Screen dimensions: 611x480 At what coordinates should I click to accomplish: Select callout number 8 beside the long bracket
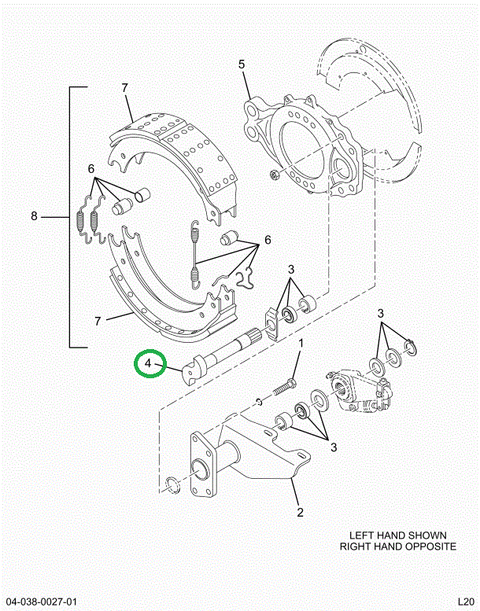click(x=34, y=216)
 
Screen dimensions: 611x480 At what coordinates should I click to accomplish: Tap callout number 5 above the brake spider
click(x=242, y=64)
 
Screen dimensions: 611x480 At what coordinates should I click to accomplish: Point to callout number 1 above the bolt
click(x=300, y=344)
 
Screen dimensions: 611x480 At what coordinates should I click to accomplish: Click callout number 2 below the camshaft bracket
click(x=300, y=513)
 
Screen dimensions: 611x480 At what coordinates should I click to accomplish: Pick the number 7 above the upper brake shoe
click(x=124, y=87)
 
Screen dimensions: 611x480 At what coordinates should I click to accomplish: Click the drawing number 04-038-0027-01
click(x=46, y=600)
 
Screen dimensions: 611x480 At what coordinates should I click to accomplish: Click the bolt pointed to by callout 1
click(x=284, y=387)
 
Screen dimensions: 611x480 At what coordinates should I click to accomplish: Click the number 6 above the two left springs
click(x=91, y=169)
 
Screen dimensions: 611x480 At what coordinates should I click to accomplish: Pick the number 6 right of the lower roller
click(x=267, y=240)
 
